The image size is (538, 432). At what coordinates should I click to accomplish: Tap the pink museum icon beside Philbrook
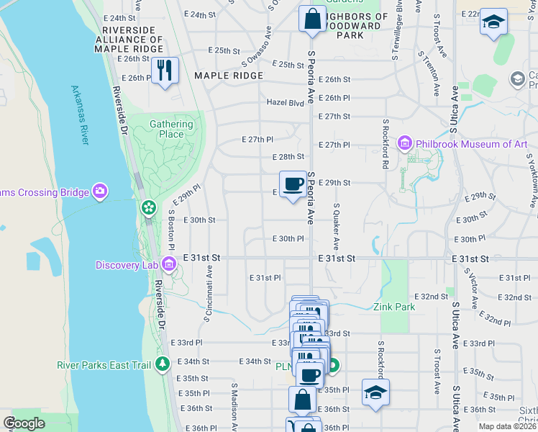coord(405,144)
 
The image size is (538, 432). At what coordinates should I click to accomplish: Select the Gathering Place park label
coord(171,129)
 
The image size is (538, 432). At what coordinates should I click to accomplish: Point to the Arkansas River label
coord(80,115)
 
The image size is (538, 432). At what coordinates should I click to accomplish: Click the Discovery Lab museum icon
coord(169,265)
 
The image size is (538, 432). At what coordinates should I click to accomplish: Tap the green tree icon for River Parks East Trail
coord(163,364)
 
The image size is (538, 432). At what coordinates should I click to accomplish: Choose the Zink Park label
coord(394,307)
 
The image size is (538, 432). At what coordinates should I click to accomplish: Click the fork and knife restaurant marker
coord(165,71)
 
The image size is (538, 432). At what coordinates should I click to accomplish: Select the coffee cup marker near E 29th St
coord(293,184)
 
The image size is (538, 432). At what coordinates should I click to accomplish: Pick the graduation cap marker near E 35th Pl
coord(375,392)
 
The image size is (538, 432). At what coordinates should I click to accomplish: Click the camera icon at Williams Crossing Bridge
coord(100,192)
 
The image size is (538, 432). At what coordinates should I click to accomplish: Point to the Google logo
coord(24,423)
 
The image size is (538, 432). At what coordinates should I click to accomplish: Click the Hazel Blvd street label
coord(286,102)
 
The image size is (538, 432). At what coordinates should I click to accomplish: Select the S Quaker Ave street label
coord(335,225)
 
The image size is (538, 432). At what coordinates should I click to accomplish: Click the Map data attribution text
coord(508,426)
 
